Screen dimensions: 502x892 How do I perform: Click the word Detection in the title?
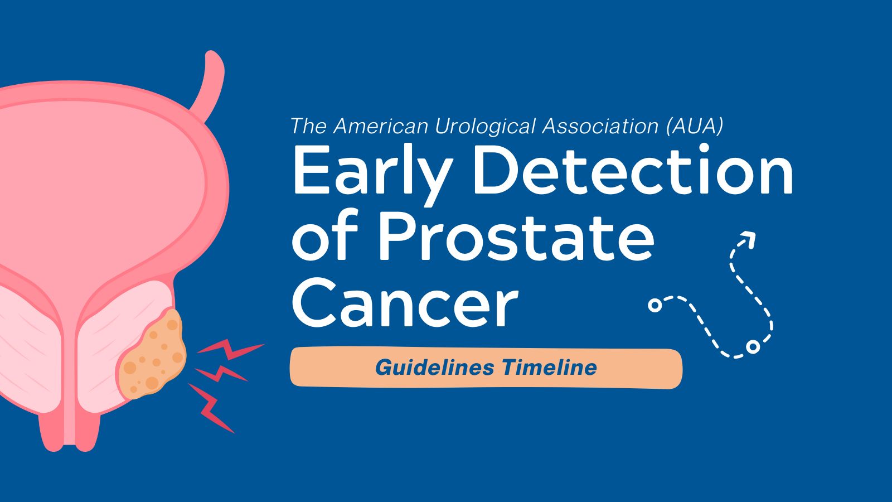pos(633,169)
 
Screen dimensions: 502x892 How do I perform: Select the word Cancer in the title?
pos(405,304)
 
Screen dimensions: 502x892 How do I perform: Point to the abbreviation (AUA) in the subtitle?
pos(695,127)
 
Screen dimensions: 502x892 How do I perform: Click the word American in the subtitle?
pos(382,127)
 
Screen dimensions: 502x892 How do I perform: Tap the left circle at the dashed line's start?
pos(655,305)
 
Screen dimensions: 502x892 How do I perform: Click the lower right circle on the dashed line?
pos(753,347)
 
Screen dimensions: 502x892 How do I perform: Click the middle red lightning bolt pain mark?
pos(220,373)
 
